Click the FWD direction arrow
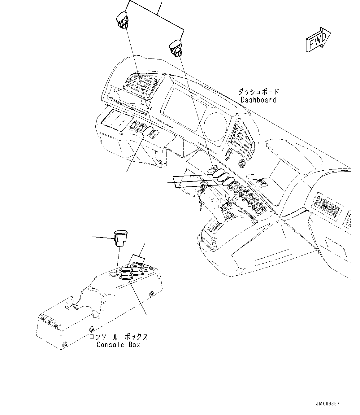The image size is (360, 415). (318, 39)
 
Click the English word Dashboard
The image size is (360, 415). (258, 100)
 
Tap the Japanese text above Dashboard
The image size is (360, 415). (258, 92)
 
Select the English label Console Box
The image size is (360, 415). (118, 345)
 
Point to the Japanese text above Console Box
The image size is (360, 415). (118, 337)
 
